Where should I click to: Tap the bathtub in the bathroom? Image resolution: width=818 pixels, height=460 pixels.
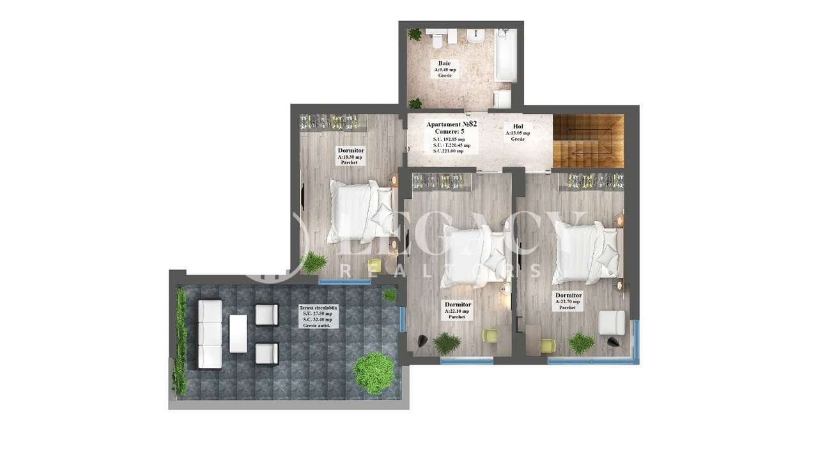[x=505, y=55]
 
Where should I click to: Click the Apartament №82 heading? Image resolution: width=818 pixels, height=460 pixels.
[x=451, y=123]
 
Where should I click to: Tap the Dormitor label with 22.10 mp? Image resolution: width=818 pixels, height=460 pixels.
[x=458, y=310]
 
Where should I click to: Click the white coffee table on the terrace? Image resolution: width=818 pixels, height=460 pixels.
[x=238, y=333]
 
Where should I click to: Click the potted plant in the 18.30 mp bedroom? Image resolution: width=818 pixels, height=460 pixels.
[x=313, y=262]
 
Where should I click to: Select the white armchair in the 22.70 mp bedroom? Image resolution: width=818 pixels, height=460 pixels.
[x=613, y=323]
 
